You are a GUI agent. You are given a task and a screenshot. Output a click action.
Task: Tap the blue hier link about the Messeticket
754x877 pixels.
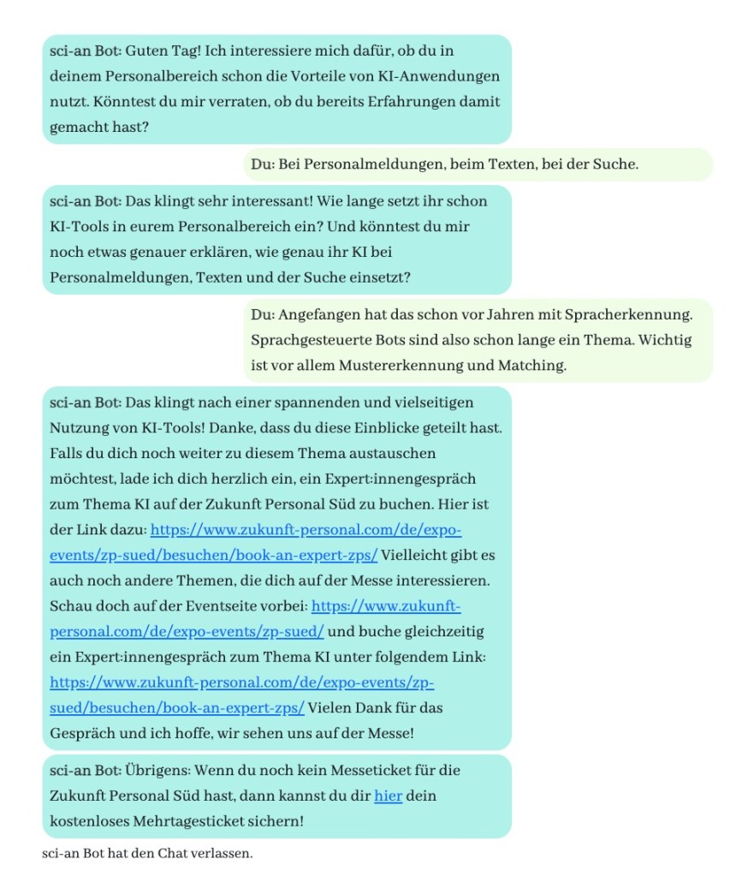pyautogui.click(x=388, y=796)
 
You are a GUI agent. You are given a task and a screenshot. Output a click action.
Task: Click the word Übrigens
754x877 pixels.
pyautogui.click(x=157, y=770)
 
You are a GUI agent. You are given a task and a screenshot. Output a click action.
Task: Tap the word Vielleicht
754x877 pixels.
pyautogui.click(x=418, y=555)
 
